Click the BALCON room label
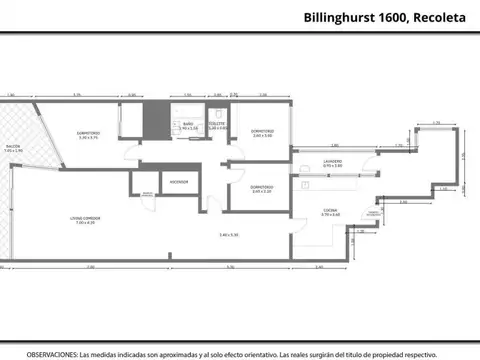pos(13,146)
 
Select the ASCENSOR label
pos(180,181)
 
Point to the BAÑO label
pos(186,123)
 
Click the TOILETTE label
pos(217,124)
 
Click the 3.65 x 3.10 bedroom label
pos(263,190)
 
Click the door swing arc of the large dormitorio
pos(128,158)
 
